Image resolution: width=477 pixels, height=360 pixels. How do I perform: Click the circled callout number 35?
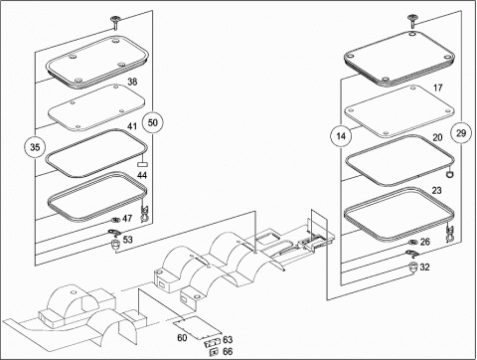tap(35, 147)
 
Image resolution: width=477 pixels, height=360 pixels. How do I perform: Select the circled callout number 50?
tap(152, 122)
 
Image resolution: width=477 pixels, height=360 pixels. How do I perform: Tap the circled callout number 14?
tap(341, 136)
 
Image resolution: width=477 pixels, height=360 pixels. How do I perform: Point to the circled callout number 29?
tap(461, 133)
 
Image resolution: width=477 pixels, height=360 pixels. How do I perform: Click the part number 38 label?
tap(132, 82)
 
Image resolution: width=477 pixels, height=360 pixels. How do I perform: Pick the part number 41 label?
tap(132, 126)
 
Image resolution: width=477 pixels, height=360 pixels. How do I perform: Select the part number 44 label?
tap(142, 175)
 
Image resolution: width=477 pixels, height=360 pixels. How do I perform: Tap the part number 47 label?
tap(127, 218)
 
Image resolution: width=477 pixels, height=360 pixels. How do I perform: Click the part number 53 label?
tap(127, 239)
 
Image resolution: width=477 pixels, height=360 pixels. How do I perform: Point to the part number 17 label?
tap(437, 88)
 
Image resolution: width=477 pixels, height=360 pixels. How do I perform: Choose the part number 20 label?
tap(437, 137)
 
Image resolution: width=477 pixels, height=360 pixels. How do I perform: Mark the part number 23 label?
tap(437, 190)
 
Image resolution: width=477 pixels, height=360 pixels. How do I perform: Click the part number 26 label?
tap(425, 242)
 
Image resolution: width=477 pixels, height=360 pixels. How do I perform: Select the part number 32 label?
tap(424, 267)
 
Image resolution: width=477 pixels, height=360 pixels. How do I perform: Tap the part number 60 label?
tap(182, 337)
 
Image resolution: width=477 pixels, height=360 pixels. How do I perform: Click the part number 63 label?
tap(228, 339)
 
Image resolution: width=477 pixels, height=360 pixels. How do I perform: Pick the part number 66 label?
tap(228, 351)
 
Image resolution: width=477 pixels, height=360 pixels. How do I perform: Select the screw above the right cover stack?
tap(412, 21)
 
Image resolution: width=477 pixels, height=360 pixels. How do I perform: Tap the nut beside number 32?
tap(412, 267)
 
